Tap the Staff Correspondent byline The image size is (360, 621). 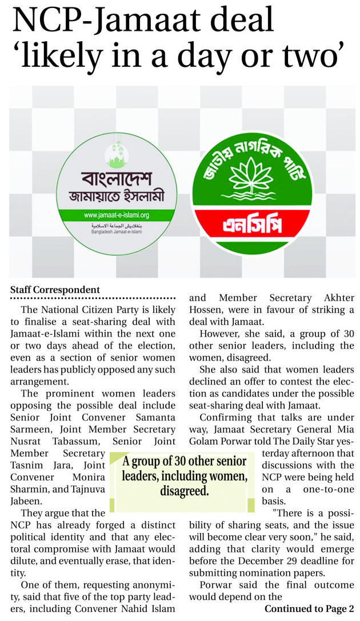click(55, 290)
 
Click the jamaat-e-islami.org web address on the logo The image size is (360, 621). click(116, 215)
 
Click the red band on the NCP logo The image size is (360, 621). click(253, 225)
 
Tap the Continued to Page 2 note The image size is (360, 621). click(309, 608)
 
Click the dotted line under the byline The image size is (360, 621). click(93, 299)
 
